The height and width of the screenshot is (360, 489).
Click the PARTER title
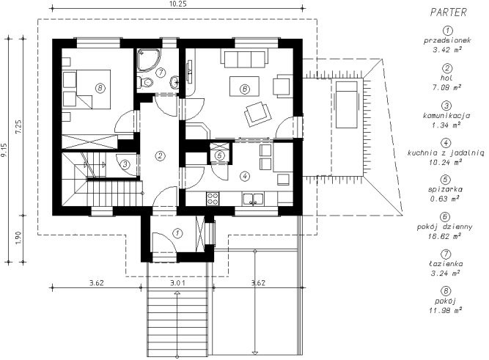click(x=448, y=12)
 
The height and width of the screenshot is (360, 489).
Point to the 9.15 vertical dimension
click(x=4, y=150)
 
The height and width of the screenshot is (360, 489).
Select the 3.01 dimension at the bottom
click(x=177, y=283)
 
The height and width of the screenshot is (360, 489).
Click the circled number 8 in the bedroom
click(x=100, y=88)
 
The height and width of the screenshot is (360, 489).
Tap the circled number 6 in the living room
click(x=245, y=89)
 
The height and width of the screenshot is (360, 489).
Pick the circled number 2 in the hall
click(x=160, y=155)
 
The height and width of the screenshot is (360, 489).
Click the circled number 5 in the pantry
click(x=220, y=155)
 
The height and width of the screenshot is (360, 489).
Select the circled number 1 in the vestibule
click(x=177, y=233)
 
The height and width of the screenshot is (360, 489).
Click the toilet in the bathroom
click(x=145, y=82)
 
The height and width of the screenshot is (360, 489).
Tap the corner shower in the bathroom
click(x=149, y=60)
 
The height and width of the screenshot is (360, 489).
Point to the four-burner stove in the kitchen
click(x=213, y=199)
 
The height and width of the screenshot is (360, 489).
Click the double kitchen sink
click(x=253, y=199)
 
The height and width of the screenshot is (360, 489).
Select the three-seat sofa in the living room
click(x=245, y=58)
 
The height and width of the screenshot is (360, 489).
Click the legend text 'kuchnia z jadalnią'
click(x=446, y=153)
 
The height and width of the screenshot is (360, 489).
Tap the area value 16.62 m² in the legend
click(x=445, y=236)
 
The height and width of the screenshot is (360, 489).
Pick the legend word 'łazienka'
click(x=446, y=264)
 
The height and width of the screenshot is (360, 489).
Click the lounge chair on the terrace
click(x=347, y=105)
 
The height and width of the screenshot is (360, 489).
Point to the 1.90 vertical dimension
click(x=19, y=238)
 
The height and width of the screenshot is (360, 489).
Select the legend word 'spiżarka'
click(x=445, y=189)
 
